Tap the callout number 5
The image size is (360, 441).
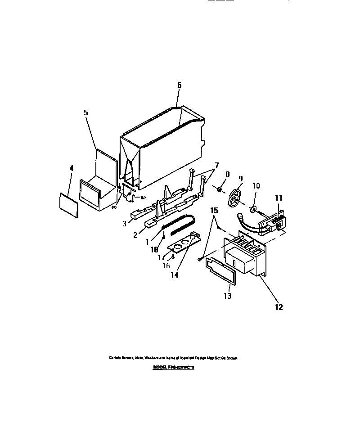click(85, 113)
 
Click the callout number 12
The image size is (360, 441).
click(279, 307)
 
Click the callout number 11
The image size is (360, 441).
click(279, 197)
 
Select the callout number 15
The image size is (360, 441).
click(214, 210)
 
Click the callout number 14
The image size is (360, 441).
click(174, 274)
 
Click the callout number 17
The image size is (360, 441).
click(162, 257)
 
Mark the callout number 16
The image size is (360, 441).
click(166, 265)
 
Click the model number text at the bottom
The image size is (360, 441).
click(173, 367)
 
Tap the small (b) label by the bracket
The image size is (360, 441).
click(143, 198)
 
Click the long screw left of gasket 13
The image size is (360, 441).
click(202, 259)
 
